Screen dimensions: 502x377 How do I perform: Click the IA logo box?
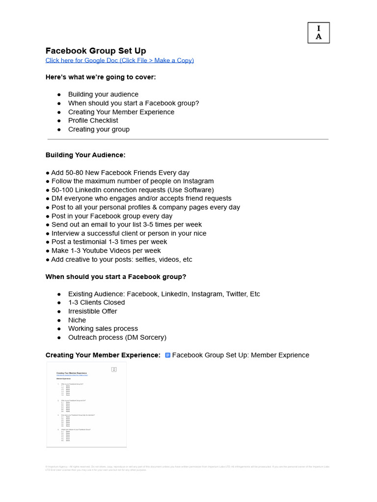[x=319, y=33]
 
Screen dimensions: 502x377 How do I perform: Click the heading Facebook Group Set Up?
[x=96, y=51]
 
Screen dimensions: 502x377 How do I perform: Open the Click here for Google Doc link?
[x=119, y=60]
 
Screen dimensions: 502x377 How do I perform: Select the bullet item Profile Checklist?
[x=93, y=121]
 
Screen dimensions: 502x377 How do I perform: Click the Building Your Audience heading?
[x=85, y=155]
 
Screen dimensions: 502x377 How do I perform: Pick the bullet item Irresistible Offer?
[x=92, y=311]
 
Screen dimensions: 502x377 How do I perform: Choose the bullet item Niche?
[x=77, y=320]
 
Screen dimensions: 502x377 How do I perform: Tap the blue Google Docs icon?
[x=167, y=355]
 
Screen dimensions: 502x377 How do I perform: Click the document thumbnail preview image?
[x=86, y=404]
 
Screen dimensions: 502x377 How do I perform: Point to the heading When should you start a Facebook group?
[x=116, y=276]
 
